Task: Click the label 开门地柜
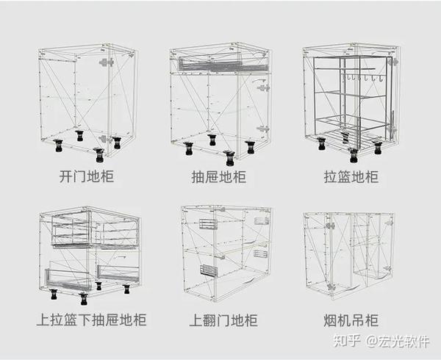click(87, 177)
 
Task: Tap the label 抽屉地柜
click(219, 177)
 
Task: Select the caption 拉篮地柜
click(351, 177)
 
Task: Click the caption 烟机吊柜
click(351, 320)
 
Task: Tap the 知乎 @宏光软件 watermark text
click(392, 341)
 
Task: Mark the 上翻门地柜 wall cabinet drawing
click(226, 250)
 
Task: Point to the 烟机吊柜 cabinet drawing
click(348, 250)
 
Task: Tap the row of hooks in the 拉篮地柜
click(365, 77)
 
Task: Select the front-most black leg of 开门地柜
click(99, 155)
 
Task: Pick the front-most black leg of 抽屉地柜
click(229, 156)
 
